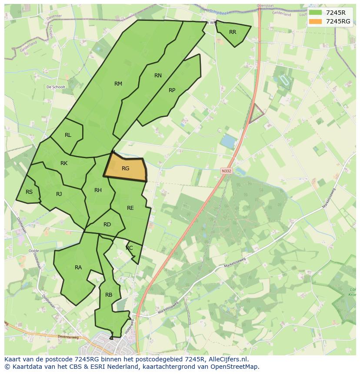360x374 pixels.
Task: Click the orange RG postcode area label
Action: (125, 169)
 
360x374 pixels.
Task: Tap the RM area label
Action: (118, 84)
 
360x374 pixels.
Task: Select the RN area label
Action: (158, 76)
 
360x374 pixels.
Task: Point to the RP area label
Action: (172, 90)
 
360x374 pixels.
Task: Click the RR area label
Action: (233, 32)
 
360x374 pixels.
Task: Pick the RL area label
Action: (68, 135)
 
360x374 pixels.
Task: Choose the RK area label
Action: (64, 163)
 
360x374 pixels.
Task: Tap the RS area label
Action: (29, 192)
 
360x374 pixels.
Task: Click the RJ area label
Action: (59, 194)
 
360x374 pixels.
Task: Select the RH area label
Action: (98, 190)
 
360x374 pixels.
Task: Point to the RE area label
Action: (130, 208)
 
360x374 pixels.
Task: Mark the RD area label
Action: (107, 225)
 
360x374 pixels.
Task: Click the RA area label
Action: (78, 268)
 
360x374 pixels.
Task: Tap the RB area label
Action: (109, 295)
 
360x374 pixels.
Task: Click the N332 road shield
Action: (226, 171)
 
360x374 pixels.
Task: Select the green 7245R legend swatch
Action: (316, 13)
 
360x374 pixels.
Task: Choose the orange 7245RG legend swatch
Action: (316, 21)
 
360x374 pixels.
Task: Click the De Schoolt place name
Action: (56, 87)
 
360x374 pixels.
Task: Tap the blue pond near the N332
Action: (228, 141)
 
